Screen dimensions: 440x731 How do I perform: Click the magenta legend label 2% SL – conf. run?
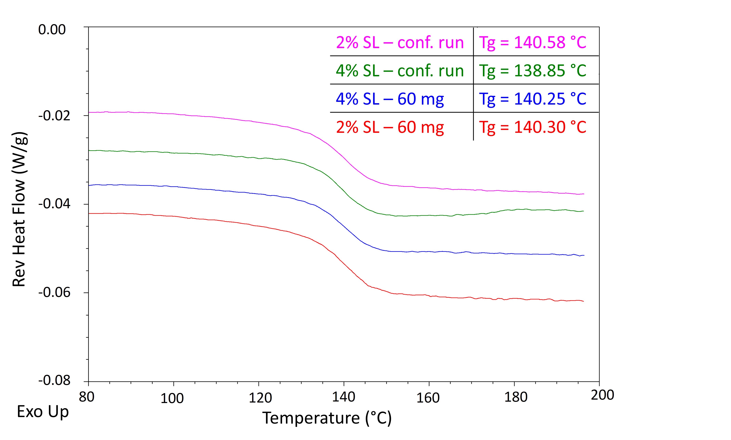[400, 42]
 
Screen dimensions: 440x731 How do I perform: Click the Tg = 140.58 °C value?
[532, 42]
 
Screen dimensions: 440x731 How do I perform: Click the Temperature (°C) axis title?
[327, 418]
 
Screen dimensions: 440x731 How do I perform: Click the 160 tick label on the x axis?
[428, 398]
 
